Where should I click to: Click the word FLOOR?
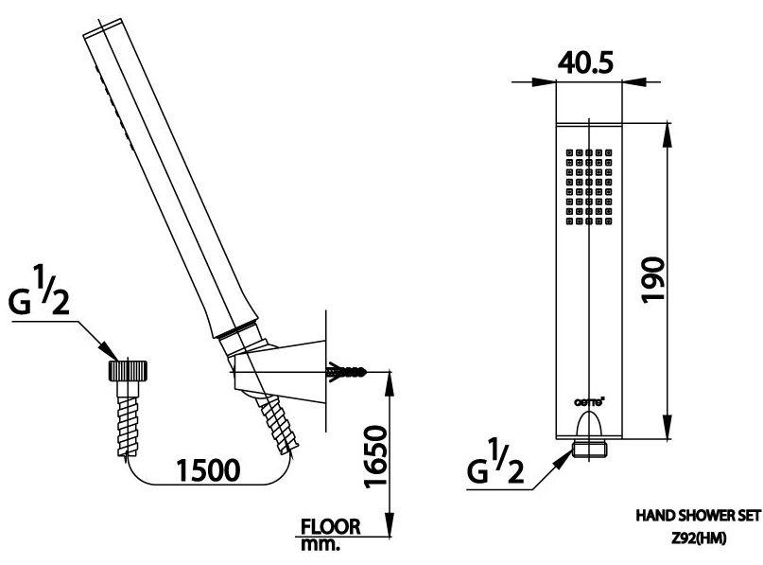point(331,527)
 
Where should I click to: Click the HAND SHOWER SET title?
point(699,517)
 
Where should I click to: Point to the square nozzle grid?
point(590,186)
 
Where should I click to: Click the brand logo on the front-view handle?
point(589,400)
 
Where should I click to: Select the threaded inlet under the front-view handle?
point(590,448)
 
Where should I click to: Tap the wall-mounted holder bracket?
point(284,370)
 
